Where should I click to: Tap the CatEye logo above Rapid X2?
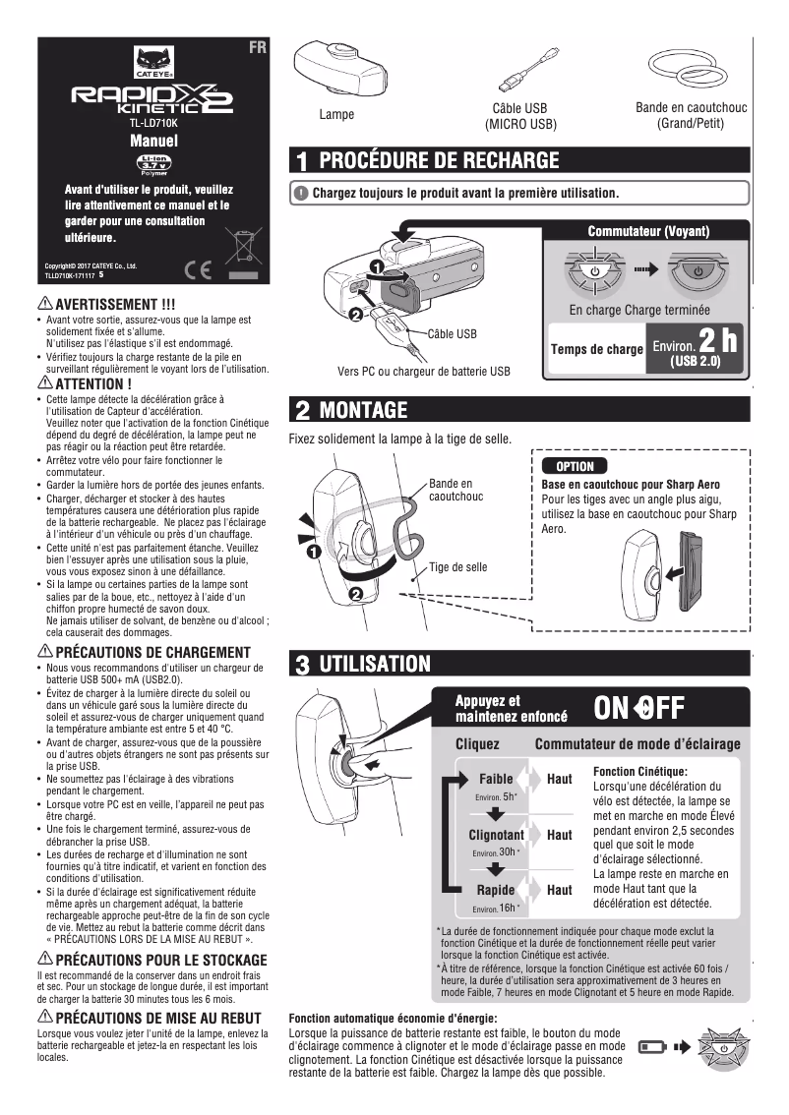coord(152,65)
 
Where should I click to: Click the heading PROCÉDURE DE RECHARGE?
coord(438,160)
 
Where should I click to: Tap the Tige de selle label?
coord(457,567)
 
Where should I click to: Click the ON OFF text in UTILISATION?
coord(638,708)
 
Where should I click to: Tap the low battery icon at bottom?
coord(650,1048)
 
